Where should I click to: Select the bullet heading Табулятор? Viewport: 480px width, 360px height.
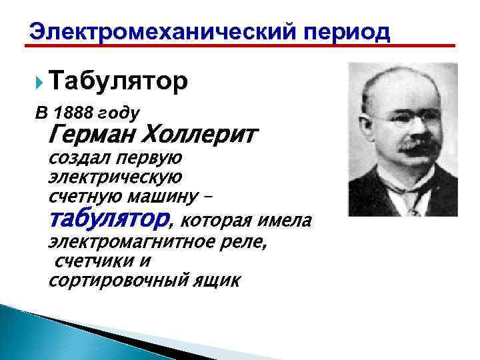(x=118, y=81)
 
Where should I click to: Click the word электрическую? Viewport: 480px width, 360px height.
(x=115, y=178)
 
